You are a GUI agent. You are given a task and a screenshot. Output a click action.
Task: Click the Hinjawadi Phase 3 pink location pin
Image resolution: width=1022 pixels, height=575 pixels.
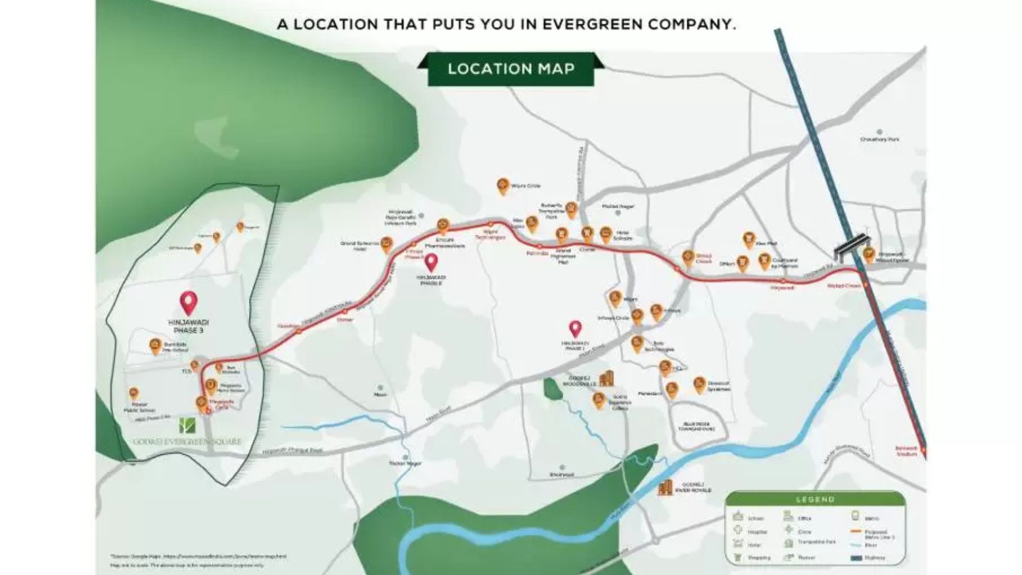click(188, 302)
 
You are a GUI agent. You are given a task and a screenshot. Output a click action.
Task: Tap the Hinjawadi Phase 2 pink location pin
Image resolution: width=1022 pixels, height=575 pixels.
click(431, 262)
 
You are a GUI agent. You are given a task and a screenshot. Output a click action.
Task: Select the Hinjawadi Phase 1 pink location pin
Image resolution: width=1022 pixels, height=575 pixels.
click(575, 328)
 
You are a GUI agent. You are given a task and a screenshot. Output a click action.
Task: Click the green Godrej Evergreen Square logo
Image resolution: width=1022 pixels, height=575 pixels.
click(187, 425)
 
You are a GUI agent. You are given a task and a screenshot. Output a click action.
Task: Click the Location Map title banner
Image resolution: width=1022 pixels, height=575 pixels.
click(510, 69)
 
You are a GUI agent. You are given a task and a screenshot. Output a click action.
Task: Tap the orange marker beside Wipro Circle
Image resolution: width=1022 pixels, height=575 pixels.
click(502, 186)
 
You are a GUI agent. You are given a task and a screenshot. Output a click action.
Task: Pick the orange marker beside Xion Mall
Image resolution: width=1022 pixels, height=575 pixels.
click(748, 241)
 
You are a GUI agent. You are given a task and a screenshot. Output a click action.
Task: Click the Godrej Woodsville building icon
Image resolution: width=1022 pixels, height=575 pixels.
click(606, 379)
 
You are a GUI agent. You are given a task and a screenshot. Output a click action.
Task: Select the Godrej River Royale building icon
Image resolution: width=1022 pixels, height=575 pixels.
click(665, 488)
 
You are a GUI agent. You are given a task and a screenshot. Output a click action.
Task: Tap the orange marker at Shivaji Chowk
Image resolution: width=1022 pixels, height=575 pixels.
click(688, 258)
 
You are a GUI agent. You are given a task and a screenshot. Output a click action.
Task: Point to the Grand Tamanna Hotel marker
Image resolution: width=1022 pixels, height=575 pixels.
click(387, 245)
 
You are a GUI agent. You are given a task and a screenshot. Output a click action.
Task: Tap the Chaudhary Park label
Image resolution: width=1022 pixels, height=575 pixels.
click(879, 139)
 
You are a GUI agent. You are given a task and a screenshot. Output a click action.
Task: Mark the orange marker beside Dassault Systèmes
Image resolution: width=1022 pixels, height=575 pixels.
click(699, 384)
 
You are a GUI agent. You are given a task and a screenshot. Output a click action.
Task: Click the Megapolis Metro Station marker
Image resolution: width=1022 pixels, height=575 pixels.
click(211, 386)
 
